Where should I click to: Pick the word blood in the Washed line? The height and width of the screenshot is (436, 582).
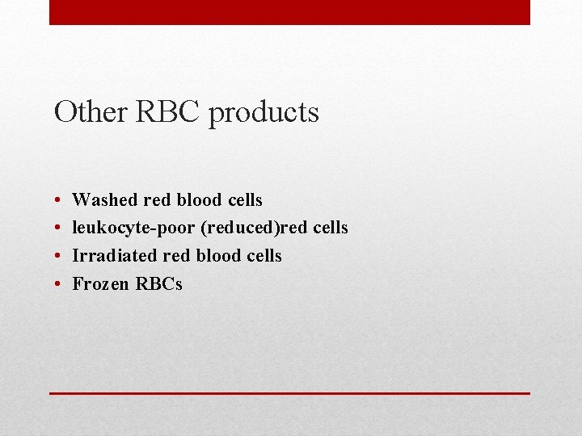[x=198, y=199]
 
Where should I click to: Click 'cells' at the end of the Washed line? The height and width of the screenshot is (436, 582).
[x=243, y=199]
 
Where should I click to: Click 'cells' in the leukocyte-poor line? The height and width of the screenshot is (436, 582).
[x=330, y=228]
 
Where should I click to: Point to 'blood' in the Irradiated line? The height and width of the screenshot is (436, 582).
[x=217, y=256]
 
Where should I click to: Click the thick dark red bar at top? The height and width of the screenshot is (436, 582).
[x=289, y=12]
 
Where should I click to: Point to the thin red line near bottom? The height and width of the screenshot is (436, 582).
[x=289, y=393]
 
